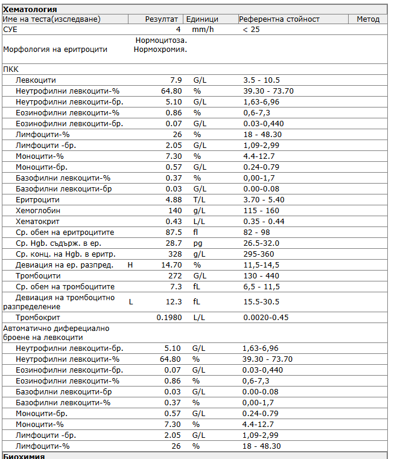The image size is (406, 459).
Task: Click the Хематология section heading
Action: (x=30, y=9)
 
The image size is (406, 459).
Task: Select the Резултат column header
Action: (x=162, y=19)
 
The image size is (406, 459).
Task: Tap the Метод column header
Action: (x=368, y=19)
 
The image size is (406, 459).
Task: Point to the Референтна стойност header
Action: (x=279, y=19)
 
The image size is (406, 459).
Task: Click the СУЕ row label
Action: (x=10, y=29)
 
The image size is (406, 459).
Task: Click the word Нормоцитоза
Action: (x=161, y=40)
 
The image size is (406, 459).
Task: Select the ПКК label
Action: (x=11, y=69)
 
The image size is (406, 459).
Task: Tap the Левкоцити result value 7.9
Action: (x=176, y=80)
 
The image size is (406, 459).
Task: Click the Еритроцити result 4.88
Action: (x=174, y=200)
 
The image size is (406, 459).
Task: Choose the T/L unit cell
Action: (x=199, y=200)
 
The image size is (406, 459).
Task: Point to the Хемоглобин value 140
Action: (x=175, y=211)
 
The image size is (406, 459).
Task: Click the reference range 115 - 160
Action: (x=262, y=211)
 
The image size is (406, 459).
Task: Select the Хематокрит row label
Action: (x=38, y=222)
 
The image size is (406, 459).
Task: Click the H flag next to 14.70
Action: (x=131, y=265)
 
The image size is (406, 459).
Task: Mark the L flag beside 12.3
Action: (x=131, y=301)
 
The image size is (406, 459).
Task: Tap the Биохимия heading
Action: (x=24, y=456)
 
